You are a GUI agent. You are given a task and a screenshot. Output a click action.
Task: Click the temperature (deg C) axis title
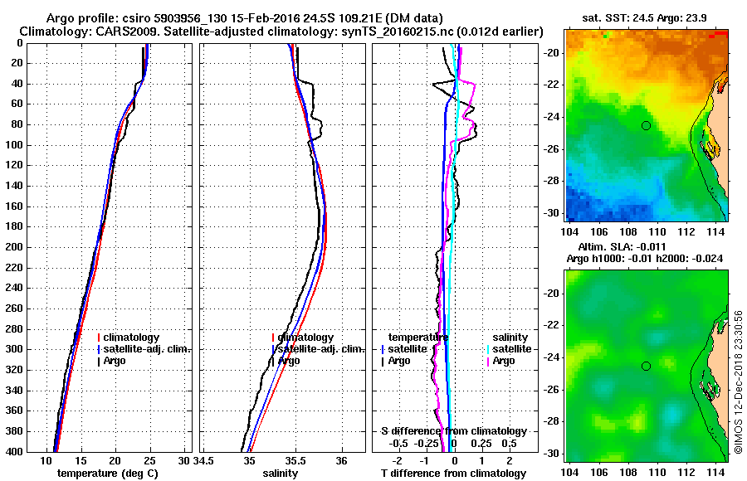coord(107,474)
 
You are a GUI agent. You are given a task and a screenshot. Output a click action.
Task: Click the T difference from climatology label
coord(453,474)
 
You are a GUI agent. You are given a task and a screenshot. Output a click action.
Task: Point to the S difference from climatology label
coord(453,431)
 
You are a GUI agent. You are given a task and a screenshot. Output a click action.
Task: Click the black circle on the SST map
coord(646,125)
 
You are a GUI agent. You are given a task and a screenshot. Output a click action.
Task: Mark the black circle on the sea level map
coord(646,366)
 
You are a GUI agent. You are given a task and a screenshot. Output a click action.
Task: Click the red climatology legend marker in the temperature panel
coord(99,338)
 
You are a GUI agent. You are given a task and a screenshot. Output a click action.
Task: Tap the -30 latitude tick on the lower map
coord(552,454)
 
